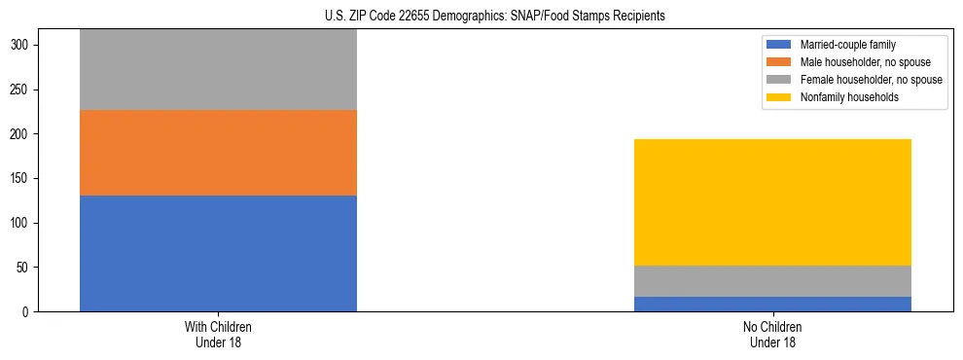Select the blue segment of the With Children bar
pos(218,253)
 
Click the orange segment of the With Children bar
pos(218,153)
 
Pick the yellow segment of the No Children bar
pos(772,202)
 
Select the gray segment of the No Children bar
pos(772,281)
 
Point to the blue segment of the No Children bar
pos(772,304)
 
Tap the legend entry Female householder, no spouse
pos(869,80)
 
